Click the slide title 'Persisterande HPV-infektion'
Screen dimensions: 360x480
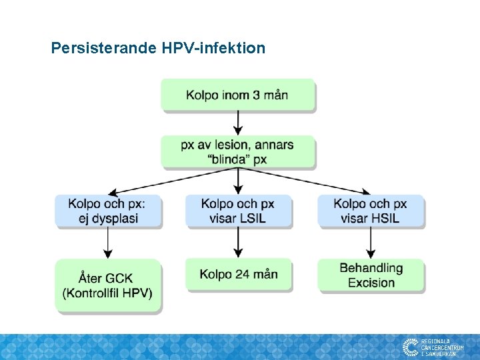tap(158, 48)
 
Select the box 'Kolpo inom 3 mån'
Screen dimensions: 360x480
tap(237, 95)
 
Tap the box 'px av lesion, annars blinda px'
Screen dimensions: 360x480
tap(237, 152)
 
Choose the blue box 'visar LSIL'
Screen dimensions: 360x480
tap(238, 211)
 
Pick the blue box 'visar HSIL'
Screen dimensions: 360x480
tap(371, 211)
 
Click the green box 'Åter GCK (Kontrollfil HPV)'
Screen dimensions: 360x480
tap(108, 285)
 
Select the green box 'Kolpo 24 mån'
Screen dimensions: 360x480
tap(238, 275)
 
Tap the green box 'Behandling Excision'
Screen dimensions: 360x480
tap(371, 275)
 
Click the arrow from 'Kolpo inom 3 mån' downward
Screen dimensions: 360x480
tap(238, 123)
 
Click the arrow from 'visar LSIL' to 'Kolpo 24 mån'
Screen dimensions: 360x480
tap(238, 243)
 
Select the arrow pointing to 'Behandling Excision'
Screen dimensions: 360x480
tap(371, 243)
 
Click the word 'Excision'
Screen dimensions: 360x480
tap(371, 283)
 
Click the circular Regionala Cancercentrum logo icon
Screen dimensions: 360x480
tap(410, 347)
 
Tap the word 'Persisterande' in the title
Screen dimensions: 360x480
tap(103, 48)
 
